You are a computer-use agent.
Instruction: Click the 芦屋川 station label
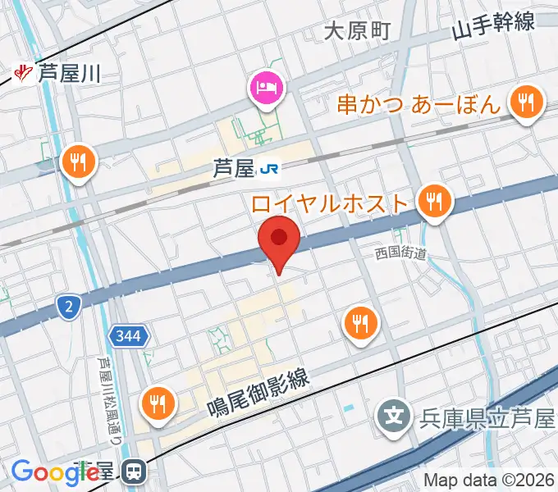[69, 75]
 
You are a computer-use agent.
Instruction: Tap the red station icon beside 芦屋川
[25, 75]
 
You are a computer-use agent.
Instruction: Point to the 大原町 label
[356, 31]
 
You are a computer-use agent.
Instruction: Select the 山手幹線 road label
[493, 26]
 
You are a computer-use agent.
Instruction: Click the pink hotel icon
[268, 89]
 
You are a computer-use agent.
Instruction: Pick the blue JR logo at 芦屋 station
[268, 170]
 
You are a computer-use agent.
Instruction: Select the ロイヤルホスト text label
[331, 202]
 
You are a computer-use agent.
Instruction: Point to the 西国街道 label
[402, 254]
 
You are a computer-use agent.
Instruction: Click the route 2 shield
[69, 307]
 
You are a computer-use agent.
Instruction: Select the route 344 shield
[129, 336]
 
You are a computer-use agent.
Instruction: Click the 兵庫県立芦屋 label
[486, 420]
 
